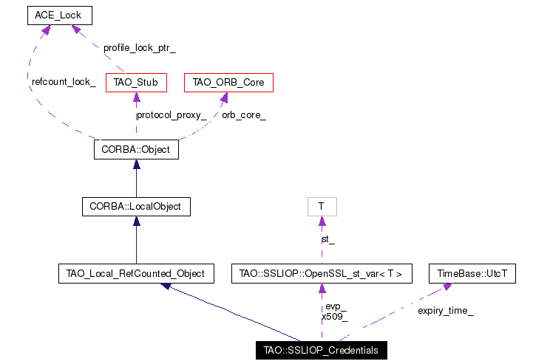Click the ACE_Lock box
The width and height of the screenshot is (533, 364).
[x=60, y=16]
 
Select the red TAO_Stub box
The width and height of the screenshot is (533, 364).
[x=136, y=83]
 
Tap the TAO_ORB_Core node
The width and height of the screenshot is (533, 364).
[x=228, y=83]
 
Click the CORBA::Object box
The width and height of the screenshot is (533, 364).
[x=136, y=149]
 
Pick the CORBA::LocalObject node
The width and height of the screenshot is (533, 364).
[x=136, y=207]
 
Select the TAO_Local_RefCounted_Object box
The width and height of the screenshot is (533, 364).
[x=136, y=273]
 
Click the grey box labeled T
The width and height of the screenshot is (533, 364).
[x=322, y=207]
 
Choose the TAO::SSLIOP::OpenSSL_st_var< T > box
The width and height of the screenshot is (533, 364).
[x=322, y=273]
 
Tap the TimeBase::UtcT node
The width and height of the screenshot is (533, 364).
[x=472, y=273]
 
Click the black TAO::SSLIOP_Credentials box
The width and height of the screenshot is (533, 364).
[x=322, y=350]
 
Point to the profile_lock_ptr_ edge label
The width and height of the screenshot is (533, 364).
[x=140, y=48]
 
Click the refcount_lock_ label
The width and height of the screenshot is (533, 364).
[x=64, y=82]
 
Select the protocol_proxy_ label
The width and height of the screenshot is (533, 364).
[x=172, y=115]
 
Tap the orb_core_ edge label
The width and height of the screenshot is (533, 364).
[x=244, y=115]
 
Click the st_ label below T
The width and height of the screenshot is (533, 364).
[x=328, y=240]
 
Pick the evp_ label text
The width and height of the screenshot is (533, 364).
[x=336, y=306]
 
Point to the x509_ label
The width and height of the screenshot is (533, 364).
[x=335, y=317]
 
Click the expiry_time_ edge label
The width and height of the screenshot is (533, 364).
[x=446, y=311]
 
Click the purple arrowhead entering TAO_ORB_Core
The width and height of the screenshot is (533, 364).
[x=224, y=97]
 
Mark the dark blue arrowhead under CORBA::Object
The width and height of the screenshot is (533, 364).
[x=137, y=164]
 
